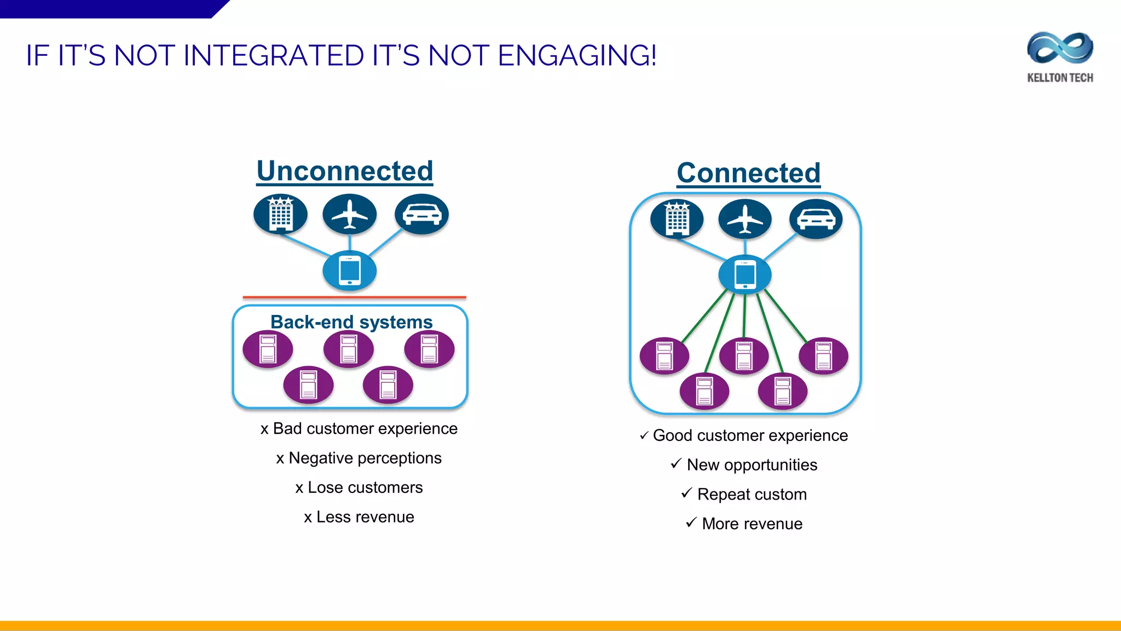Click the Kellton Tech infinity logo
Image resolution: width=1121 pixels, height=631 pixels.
[1060, 48]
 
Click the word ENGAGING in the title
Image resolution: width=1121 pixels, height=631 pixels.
[577, 56]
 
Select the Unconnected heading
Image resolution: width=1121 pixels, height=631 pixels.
[345, 171]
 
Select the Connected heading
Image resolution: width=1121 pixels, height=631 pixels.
[748, 173]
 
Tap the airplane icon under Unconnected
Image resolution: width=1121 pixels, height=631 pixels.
[349, 214]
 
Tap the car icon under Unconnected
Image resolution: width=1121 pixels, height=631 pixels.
[421, 214]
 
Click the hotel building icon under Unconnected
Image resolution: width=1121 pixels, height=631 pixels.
[280, 214]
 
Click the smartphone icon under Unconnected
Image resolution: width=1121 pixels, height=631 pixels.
[349, 271]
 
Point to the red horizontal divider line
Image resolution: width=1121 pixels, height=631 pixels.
[354, 297]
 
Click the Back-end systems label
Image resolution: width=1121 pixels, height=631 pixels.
[351, 322]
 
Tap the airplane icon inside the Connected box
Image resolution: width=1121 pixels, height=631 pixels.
[744, 219]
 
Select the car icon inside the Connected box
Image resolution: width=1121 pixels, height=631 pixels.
[816, 219]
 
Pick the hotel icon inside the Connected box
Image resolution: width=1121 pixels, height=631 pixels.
[677, 219]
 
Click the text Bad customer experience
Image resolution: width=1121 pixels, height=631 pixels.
[365, 428]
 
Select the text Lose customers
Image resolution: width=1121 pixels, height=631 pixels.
[365, 487]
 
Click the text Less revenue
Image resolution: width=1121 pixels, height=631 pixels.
[365, 517]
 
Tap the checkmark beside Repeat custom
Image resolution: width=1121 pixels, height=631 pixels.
[686, 493]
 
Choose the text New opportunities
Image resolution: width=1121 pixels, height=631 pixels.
[752, 465]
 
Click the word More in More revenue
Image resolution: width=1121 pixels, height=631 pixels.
[720, 524]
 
